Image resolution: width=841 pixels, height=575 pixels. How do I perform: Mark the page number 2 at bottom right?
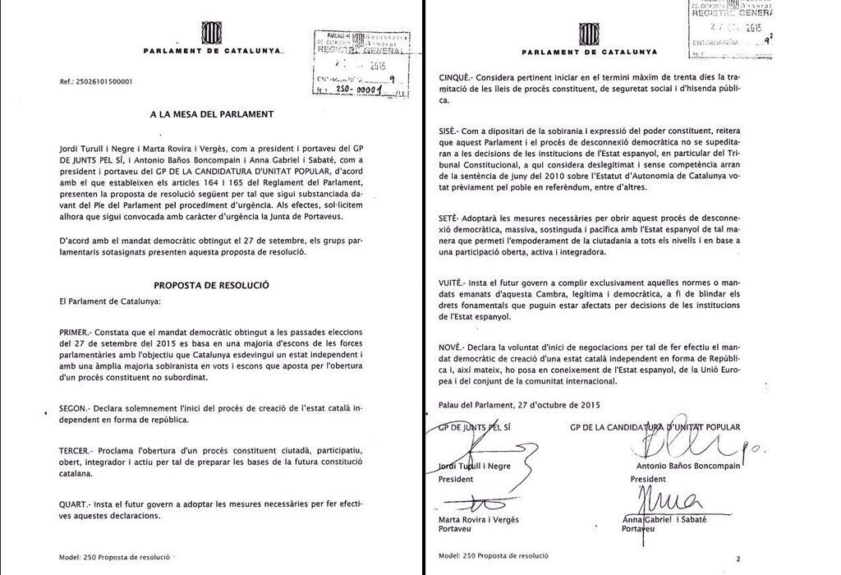point(738,559)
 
